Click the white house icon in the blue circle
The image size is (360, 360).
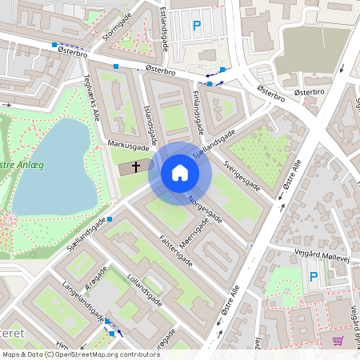click(179, 173)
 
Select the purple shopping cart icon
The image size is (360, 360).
click(338, 340)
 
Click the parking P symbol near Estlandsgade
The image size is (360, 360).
click(197, 26)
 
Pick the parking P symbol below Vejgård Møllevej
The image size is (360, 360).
click(314, 277)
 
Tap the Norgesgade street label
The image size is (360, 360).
click(204, 207)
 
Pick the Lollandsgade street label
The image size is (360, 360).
click(145, 292)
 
